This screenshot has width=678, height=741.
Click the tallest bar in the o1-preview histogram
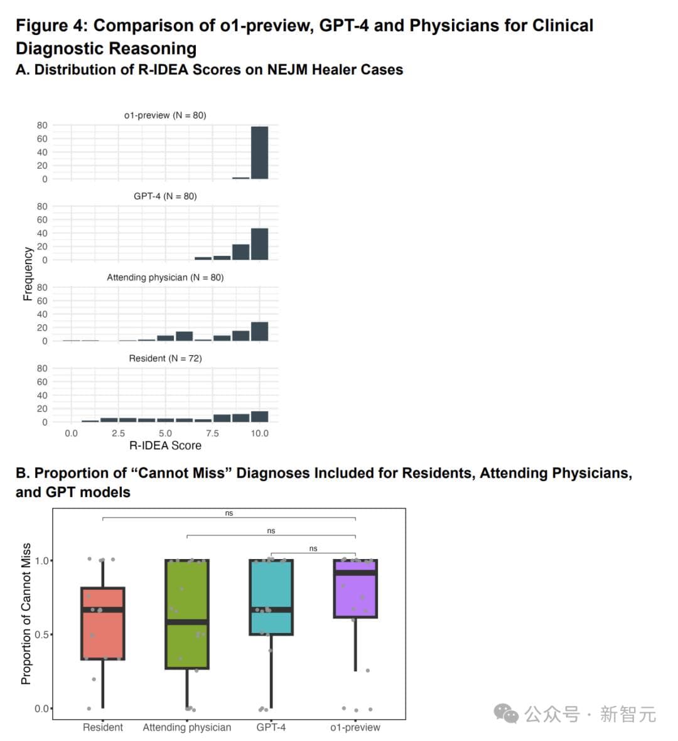tap(259, 152)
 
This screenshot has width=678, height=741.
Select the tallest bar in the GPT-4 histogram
tap(259, 244)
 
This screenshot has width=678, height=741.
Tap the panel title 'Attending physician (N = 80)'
tap(165, 277)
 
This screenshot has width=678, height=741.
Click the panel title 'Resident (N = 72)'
tap(165, 358)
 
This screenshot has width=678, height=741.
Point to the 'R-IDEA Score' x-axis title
tap(165, 445)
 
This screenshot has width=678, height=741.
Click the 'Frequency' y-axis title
tap(28, 274)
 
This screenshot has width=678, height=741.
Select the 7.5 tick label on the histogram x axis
tap(212, 434)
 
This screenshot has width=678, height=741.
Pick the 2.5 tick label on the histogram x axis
tap(118, 434)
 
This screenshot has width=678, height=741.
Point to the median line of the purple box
tap(355, 572)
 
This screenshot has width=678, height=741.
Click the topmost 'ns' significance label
tap(229, 513)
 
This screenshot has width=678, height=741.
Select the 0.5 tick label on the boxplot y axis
tap(43, 634)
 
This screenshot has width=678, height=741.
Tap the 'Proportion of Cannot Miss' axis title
tap(26, 614)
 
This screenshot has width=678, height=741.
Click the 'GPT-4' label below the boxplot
tap(271, 727)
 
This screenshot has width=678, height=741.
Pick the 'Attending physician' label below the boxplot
tap(187, 727)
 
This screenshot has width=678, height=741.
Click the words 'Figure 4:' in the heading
tap(52, 26)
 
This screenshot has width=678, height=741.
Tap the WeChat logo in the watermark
tap(506, 713)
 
